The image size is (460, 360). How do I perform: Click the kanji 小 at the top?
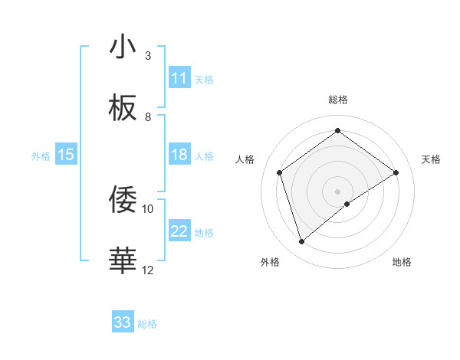123,47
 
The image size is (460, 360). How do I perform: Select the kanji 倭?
123,199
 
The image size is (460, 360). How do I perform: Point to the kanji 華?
123,260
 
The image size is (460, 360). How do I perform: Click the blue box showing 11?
179,78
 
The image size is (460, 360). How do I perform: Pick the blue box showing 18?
179,155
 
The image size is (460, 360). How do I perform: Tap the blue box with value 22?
179,231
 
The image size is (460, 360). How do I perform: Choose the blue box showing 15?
66,155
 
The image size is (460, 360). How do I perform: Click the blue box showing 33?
123,322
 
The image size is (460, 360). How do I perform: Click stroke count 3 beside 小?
148,56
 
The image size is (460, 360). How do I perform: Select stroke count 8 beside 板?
148,117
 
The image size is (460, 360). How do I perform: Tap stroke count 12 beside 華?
148,270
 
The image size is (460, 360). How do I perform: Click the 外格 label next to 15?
41,155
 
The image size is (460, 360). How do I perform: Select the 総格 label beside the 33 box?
147,324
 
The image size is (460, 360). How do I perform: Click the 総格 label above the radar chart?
338,100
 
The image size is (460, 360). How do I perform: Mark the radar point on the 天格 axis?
396,172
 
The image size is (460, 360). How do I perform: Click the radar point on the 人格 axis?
280,172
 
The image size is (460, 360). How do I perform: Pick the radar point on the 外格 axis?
302,242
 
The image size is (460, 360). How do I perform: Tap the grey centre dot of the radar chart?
338,191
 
